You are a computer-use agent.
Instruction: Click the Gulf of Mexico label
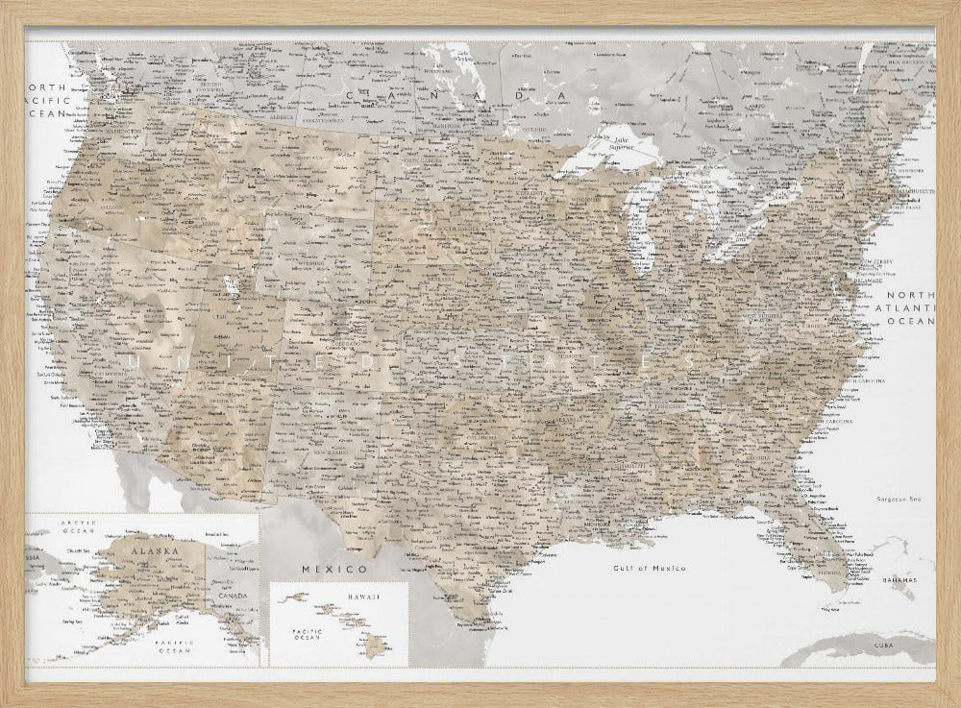(649, 568)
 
